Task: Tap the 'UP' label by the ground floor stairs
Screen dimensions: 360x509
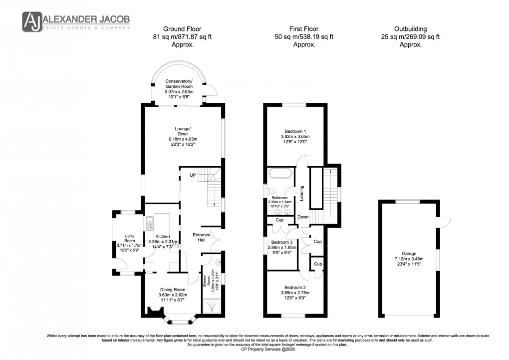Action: pyautogui.click(x=192, y=175)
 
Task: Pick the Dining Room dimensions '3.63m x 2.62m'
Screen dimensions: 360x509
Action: pyautogui.click(x=173, y=295)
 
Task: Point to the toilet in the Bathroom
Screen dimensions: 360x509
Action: pyautogui.click(x=271, y=191)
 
